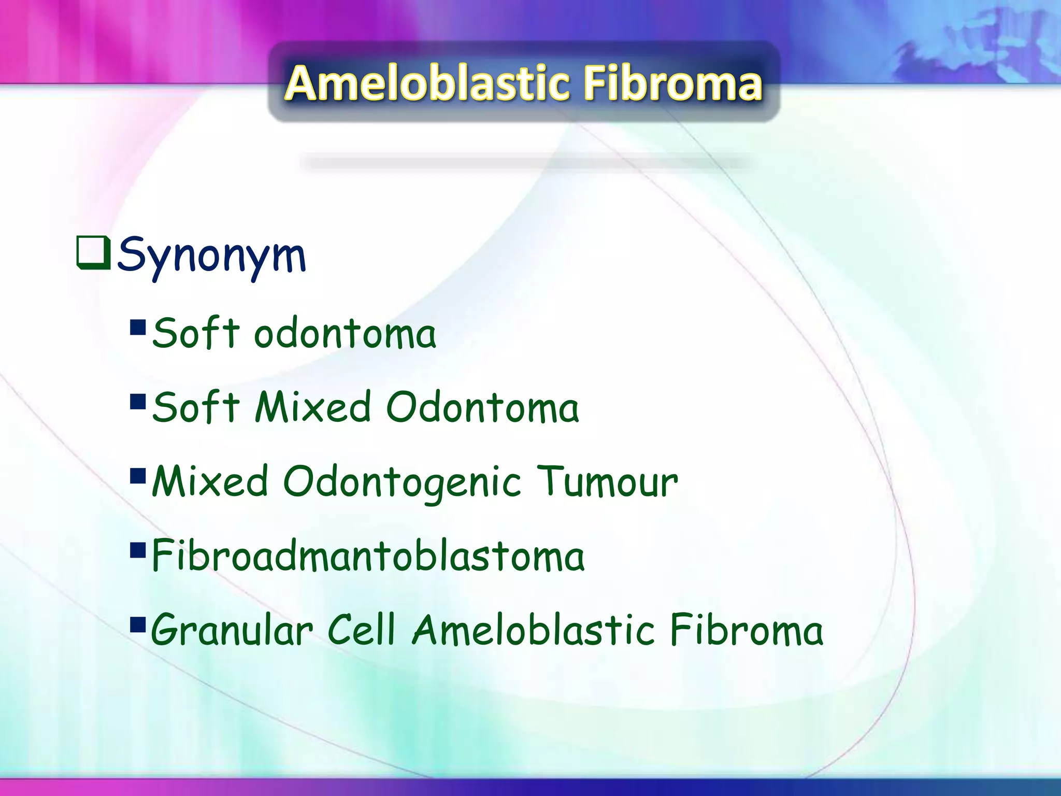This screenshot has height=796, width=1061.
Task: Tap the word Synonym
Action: click(x=211, y=255)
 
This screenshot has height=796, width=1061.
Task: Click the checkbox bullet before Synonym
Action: click(x=93, y=253)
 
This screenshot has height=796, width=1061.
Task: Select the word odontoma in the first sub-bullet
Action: click(x=345, y=334)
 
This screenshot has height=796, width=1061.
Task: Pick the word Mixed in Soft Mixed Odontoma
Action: click(x=313, y=407)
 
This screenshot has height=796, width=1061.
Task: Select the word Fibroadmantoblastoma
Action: click(x=368, y=556)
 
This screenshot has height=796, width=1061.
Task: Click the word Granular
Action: click(x=232, y=631)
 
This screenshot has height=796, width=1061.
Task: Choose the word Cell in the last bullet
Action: click(x=362, y=630)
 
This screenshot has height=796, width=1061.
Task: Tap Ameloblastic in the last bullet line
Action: click(x=534, y=630)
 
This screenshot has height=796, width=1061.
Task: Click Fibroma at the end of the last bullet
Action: click(x=746, y=630)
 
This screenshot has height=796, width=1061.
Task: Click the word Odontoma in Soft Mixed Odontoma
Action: click(x=482, y=407)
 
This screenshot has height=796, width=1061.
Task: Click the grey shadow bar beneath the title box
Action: click(x=526, y=163)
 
